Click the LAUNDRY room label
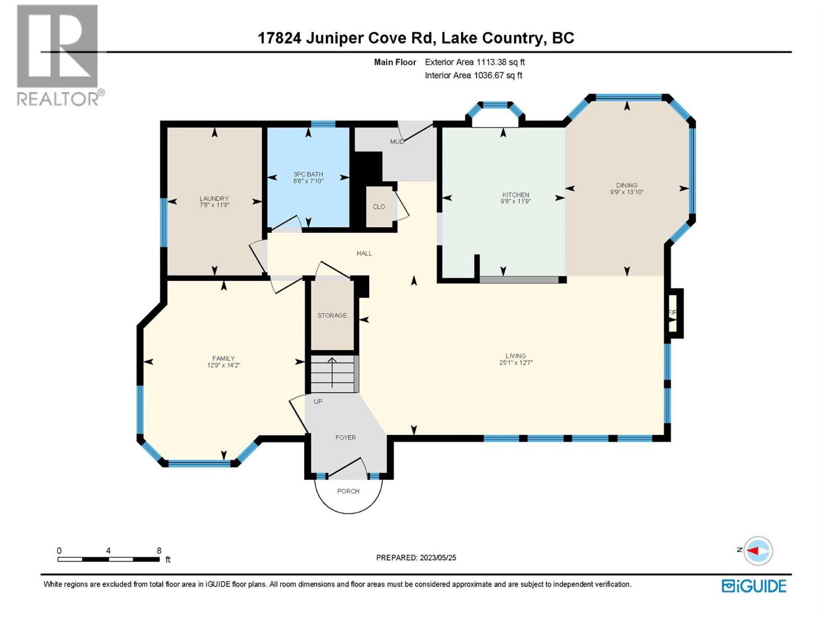tap(214, 198)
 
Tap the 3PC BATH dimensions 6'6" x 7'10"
tap(308, 181)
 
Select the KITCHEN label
tap(515, 195)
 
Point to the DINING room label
tap(627, 185)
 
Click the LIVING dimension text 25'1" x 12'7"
tap(515, 363)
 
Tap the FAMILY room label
tap(223, 358)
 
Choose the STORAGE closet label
tap(332, 316)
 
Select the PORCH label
tap(348, 491)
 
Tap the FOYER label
tap(346, 438)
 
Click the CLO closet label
tap(379, 207)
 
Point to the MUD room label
tap(397, 142)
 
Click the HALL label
tap(364, 254)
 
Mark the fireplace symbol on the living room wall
tap(674, 313)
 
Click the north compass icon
tap(758, 551)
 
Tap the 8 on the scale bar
tap(159, 551)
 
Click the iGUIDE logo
tap(754, 586)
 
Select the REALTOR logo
tap(58, 55)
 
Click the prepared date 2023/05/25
tap(437, 558)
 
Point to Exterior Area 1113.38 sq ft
tap(474, 62)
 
